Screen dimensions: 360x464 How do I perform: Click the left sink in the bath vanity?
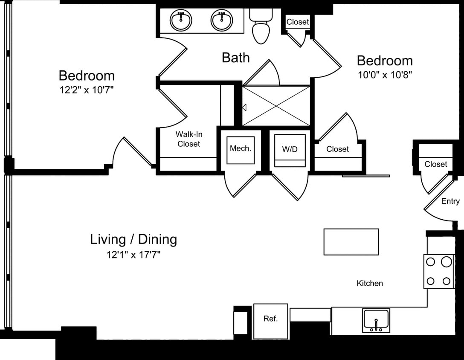coord(181,20)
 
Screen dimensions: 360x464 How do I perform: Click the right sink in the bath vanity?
coord(221,20)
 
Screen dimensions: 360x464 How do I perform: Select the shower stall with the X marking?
coord(276,106)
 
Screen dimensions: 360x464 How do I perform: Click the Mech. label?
coord(241,149)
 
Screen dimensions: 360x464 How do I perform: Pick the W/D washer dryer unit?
coord(290,151)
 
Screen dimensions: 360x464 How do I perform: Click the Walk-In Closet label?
coord(188,139)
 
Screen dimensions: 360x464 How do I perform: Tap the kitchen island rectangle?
coord(351,242)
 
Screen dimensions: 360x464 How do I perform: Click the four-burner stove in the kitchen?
coord(439,271)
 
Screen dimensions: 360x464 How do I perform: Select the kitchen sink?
coord(376,320)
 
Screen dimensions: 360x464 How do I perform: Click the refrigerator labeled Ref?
coord(270,319)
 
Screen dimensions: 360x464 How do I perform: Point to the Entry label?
coord(450,201)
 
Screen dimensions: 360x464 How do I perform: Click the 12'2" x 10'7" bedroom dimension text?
coord(87,90)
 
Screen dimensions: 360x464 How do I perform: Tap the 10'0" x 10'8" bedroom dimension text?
coord(385,75)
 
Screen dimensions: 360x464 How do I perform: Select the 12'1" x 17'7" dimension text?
coord(133,255)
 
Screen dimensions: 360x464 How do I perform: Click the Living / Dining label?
coord(133,239)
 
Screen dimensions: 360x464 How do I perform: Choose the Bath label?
coord(235,58)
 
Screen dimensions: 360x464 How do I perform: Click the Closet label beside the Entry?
coord(436,164)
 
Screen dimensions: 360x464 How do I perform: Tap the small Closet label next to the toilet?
coord(298,22)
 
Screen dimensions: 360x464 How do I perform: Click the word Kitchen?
coord(370,283)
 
